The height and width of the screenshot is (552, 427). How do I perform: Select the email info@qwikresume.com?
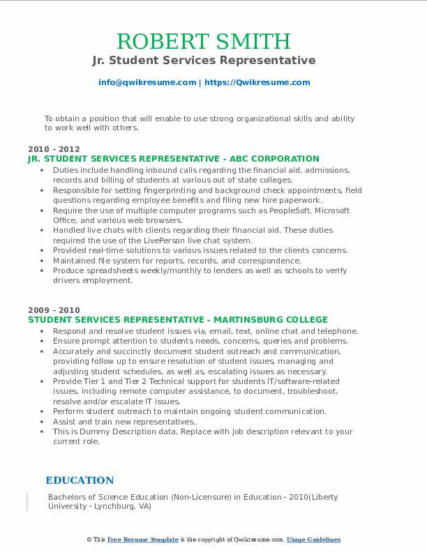click(147, 82)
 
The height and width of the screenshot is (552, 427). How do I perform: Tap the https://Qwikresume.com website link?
click(257, 82)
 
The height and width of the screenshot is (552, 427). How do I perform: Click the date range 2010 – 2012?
click(54, 149)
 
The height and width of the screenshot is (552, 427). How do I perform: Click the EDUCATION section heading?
click(80, 480)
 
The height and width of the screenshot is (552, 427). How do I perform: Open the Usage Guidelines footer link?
click(314, 539)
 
